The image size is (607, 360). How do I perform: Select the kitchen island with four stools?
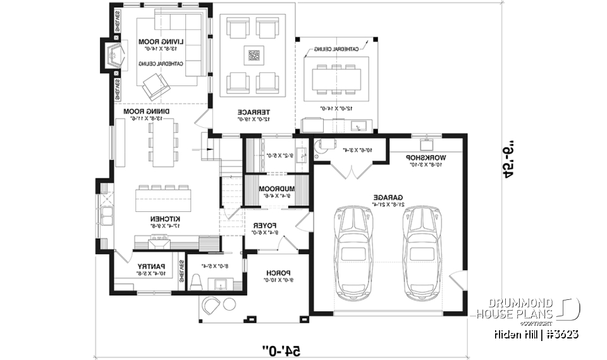(163, 201)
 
